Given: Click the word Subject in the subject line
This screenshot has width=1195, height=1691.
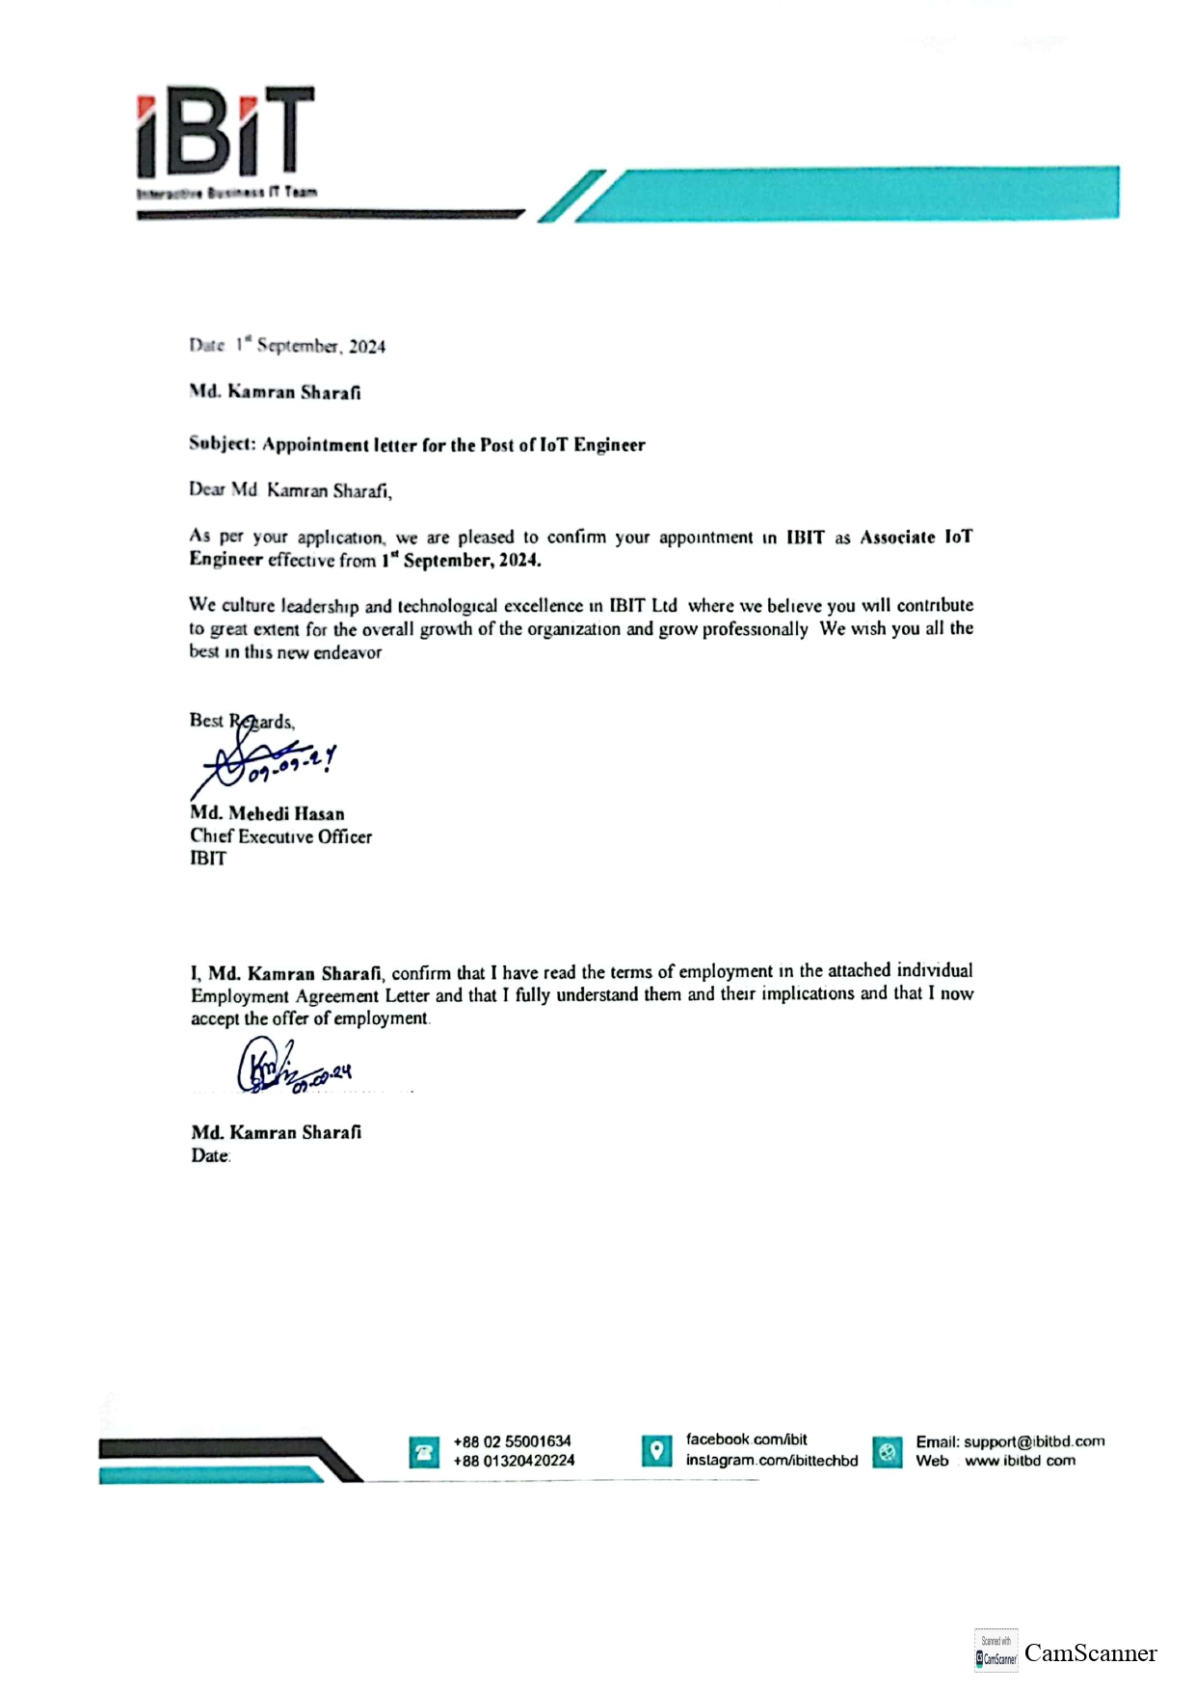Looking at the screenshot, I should click(x=221, y=443).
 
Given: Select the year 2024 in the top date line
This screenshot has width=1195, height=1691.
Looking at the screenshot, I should click(x=367, y=347).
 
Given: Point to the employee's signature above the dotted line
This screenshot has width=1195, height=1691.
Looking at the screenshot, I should click(x=289, y=1068).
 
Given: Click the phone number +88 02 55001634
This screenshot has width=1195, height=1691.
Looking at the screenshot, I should click(x=512, y=1441).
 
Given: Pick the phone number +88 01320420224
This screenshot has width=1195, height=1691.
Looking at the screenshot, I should click(x=514, y=1461).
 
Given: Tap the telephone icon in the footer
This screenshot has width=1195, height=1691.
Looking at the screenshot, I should click(x=424, y=1452).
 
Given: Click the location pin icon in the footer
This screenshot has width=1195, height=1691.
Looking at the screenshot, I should click(x=656, y=1450).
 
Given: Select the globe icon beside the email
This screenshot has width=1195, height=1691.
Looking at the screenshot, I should click(x=888, y=1451).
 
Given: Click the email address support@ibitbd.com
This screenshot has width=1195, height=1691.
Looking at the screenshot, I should click(x=1034, y=1441).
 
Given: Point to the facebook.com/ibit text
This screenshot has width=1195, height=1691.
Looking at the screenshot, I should click(x=746, y=1440).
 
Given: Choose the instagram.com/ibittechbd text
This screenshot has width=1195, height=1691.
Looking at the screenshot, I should click(x=771, y=1461).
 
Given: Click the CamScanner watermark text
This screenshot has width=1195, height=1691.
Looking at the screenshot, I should click(x=1090, y=1653).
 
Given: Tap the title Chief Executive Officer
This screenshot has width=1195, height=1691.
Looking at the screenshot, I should click(x=280, y=836).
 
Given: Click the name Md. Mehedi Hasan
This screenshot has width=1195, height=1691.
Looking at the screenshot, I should click(x=267, y=813).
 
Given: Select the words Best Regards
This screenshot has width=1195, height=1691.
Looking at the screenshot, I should click(x=242, y=721).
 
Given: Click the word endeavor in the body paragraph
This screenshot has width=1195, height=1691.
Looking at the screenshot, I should click(x=347, y=652).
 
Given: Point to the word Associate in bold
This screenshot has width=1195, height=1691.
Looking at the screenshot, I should click(x=897, y=538).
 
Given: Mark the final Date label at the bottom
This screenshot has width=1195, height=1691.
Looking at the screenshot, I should click(x=210, y=1155).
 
